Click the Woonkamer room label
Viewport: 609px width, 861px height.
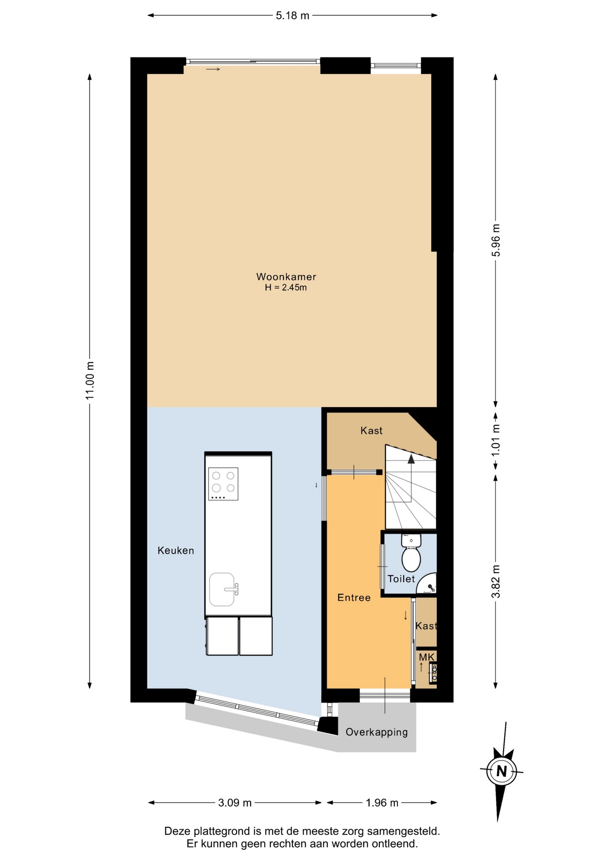286,277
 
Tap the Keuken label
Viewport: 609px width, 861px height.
176,550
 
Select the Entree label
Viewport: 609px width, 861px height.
354,597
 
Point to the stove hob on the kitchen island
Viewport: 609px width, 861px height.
223,484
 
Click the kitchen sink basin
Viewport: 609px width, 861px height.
222,589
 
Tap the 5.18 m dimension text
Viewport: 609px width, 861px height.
292,16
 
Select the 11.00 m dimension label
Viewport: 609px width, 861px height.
90,380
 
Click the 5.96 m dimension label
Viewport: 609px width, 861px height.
496,240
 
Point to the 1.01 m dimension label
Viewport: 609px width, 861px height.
496,440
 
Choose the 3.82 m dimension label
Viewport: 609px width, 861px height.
496,581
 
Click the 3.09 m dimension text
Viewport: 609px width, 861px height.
235,803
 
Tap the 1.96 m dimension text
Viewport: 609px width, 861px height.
382,803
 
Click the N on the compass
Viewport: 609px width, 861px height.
501,771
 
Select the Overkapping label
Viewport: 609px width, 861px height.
377,732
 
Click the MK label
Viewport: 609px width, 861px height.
426,657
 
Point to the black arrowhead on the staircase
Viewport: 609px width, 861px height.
411,458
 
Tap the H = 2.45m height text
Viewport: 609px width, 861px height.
286,287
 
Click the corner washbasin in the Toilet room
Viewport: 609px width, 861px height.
428,584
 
